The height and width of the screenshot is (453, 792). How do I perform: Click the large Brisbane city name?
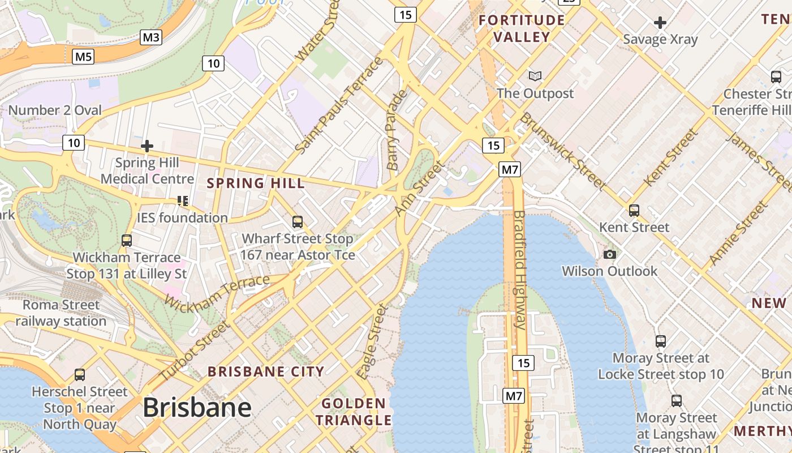[x=197, y=408]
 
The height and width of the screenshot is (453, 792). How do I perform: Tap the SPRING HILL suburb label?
[x=256, y=183]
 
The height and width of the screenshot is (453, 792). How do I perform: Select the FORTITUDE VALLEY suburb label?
[x=522, y=28]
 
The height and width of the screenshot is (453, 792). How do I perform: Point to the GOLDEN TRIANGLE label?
[x=354, y=412]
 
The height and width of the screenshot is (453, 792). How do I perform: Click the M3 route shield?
[x=151, y=37]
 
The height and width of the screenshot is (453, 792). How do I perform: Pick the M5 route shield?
[x=83, y=56]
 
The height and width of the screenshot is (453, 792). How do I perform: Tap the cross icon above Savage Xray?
[x=660, y=23]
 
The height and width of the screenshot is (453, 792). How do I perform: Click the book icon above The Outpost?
[x=535, y=76]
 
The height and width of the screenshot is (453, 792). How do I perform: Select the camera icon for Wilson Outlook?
[x=609, y=254]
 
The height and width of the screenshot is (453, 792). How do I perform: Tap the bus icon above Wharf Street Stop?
[x=298, y=221]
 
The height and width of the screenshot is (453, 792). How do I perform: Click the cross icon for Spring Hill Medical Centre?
[x=147, y=146]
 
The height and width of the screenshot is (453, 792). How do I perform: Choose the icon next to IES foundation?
[x=182, y=201]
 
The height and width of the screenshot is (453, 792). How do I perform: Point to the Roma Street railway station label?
[x=61, y=313]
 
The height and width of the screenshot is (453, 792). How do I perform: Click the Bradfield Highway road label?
[x=520, y=270]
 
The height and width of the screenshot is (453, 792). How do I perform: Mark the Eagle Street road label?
[x=372, y=341]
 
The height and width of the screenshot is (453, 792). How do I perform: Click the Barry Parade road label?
[x=395, y=130]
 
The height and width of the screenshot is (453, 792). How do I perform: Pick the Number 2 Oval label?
[x=55, y=110]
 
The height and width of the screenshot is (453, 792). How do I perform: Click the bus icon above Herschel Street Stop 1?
[x=80, y=374]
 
